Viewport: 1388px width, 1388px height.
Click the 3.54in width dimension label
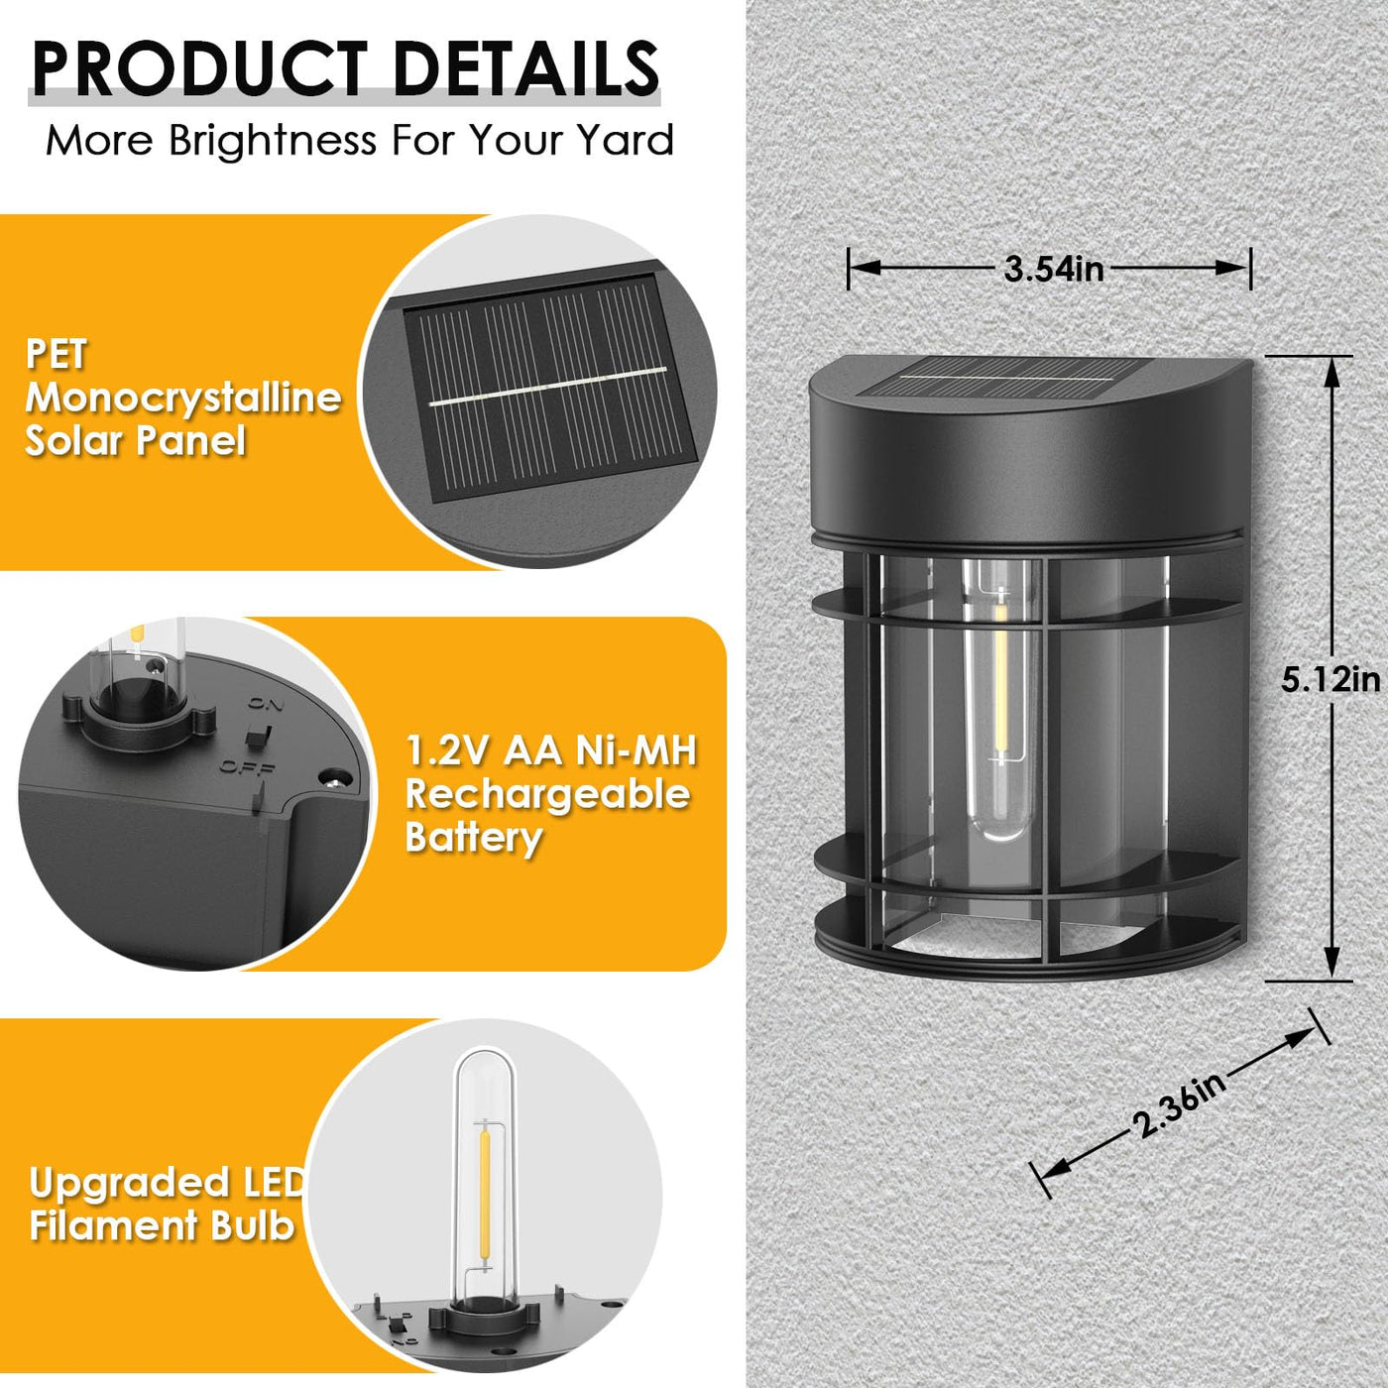pos(1054,269)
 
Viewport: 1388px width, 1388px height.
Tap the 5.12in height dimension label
pos(1330,679)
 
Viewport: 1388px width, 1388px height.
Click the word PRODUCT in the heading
pos(199,68)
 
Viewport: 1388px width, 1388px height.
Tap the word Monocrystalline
pos(183,398)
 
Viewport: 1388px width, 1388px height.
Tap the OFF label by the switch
pos(247,767)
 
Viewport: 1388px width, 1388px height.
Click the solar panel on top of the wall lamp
pos(1007,380)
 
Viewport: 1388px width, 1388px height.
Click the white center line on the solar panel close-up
pos(548,387)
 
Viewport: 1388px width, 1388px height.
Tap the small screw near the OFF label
pos(334,777)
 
